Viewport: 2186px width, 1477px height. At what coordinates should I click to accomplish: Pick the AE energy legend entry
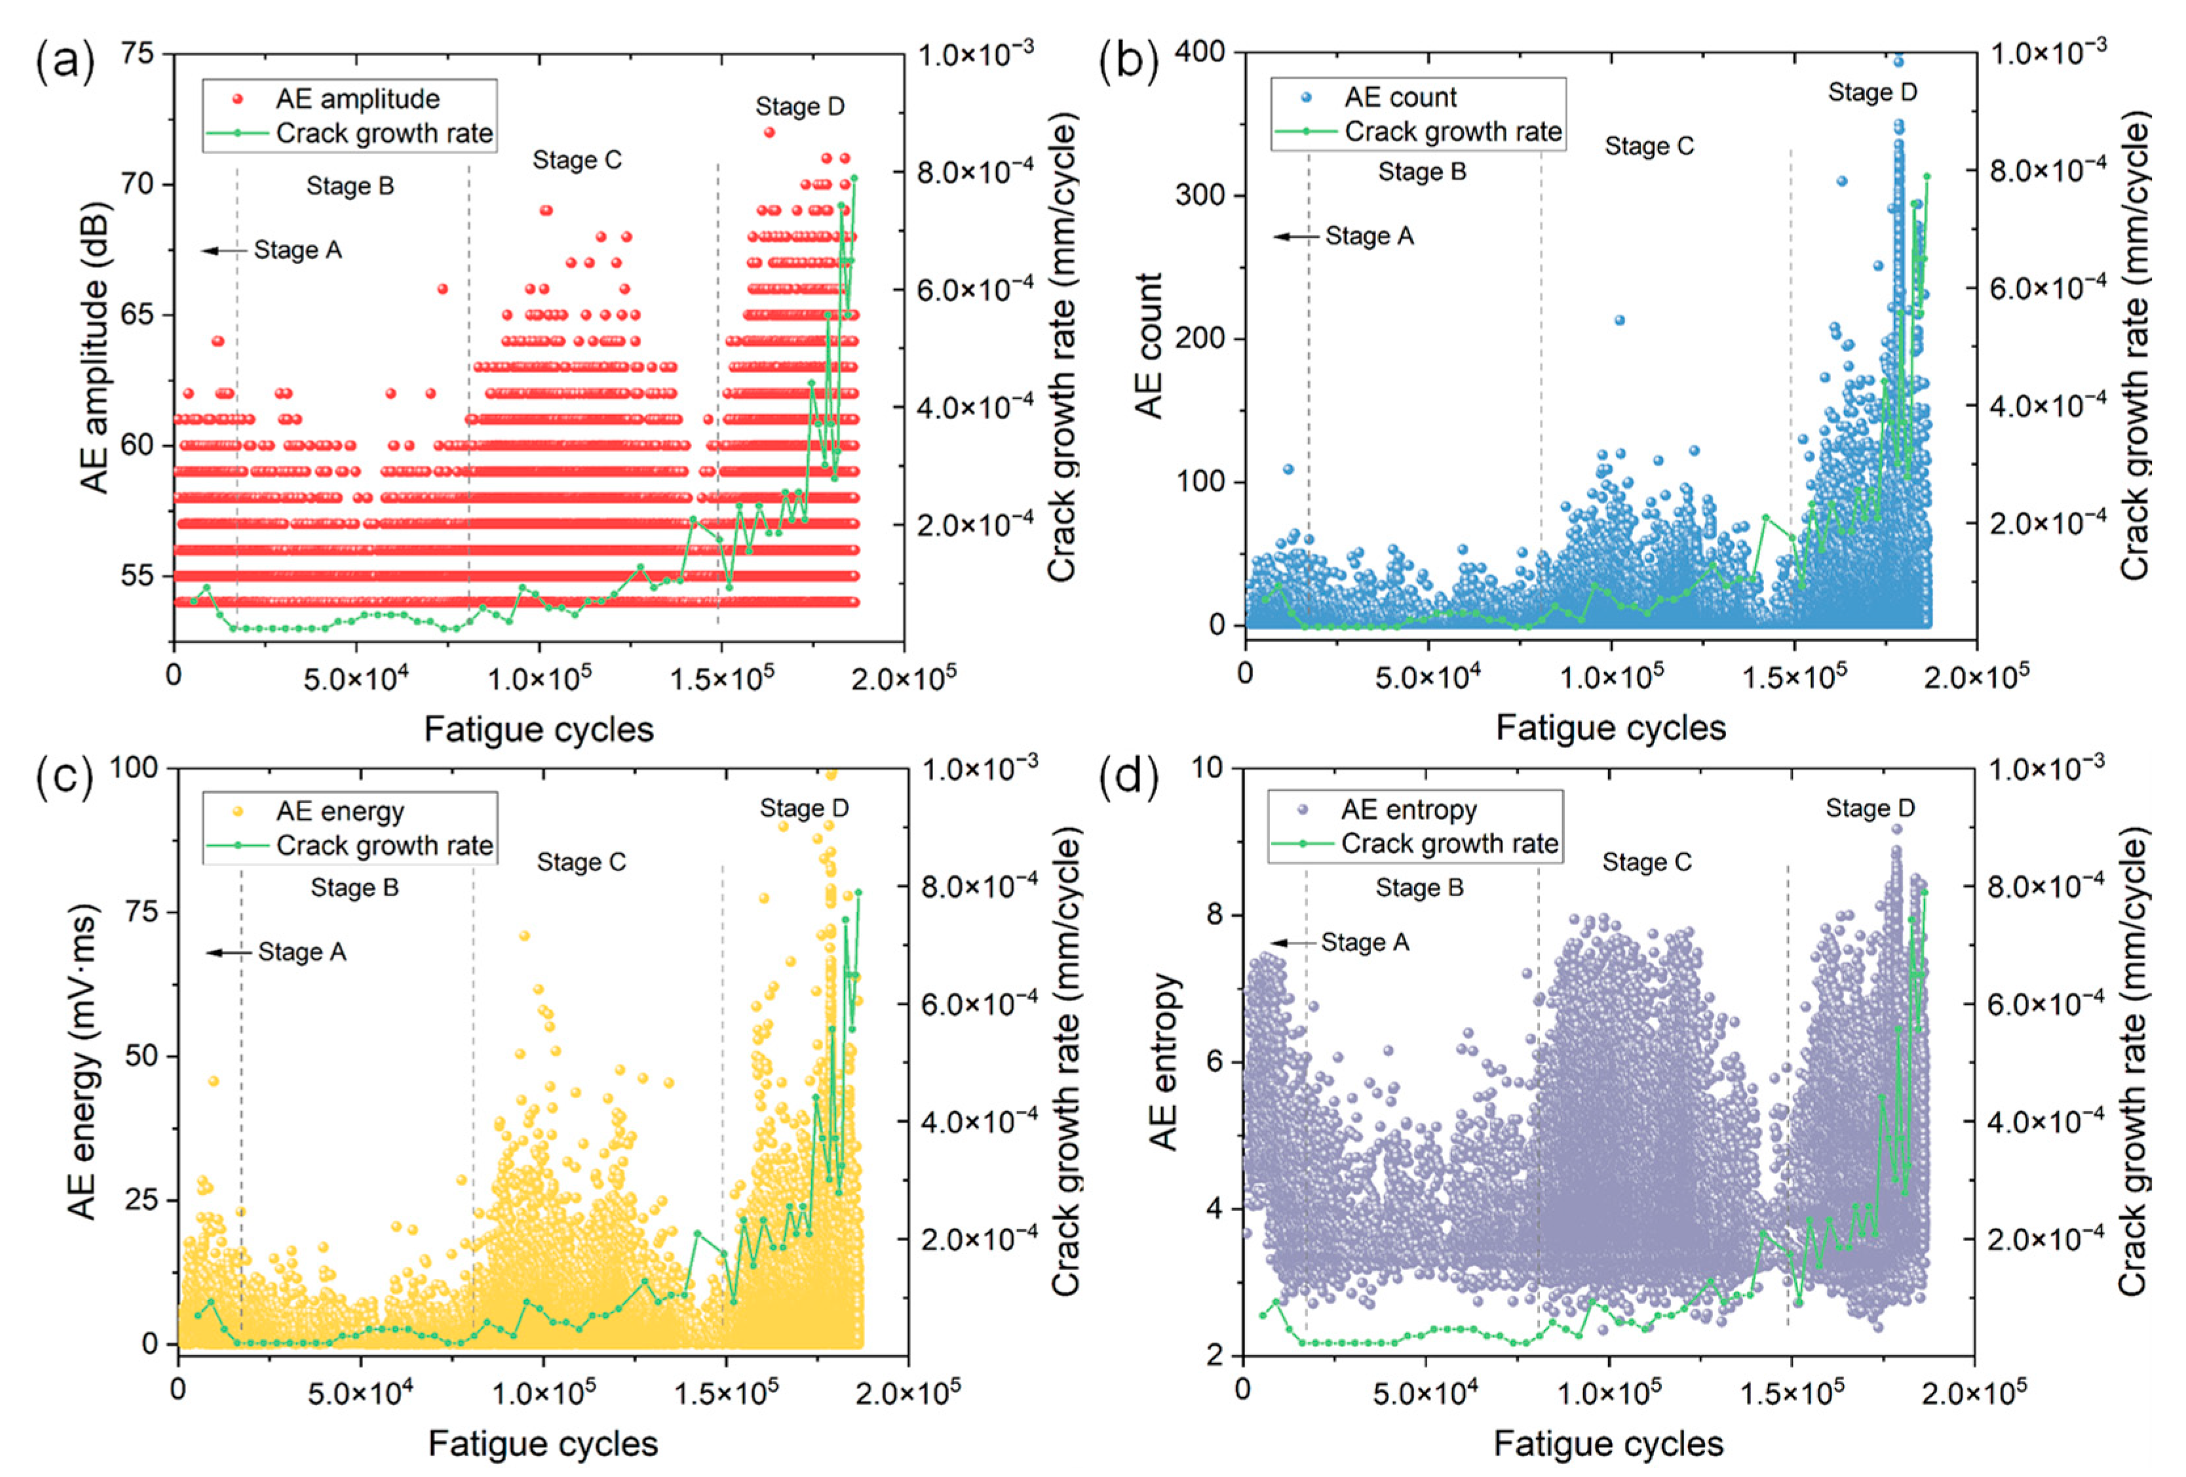(x=320, y=811)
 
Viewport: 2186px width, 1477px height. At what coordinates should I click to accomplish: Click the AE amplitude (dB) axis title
(x=95, y=349)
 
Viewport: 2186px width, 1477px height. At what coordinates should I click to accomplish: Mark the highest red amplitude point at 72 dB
(x=769, y=132)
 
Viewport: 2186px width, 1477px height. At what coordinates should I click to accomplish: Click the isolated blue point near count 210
(x=1619, y=320)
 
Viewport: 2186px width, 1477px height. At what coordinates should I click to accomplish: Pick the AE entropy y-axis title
(x=1164, y=1061)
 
